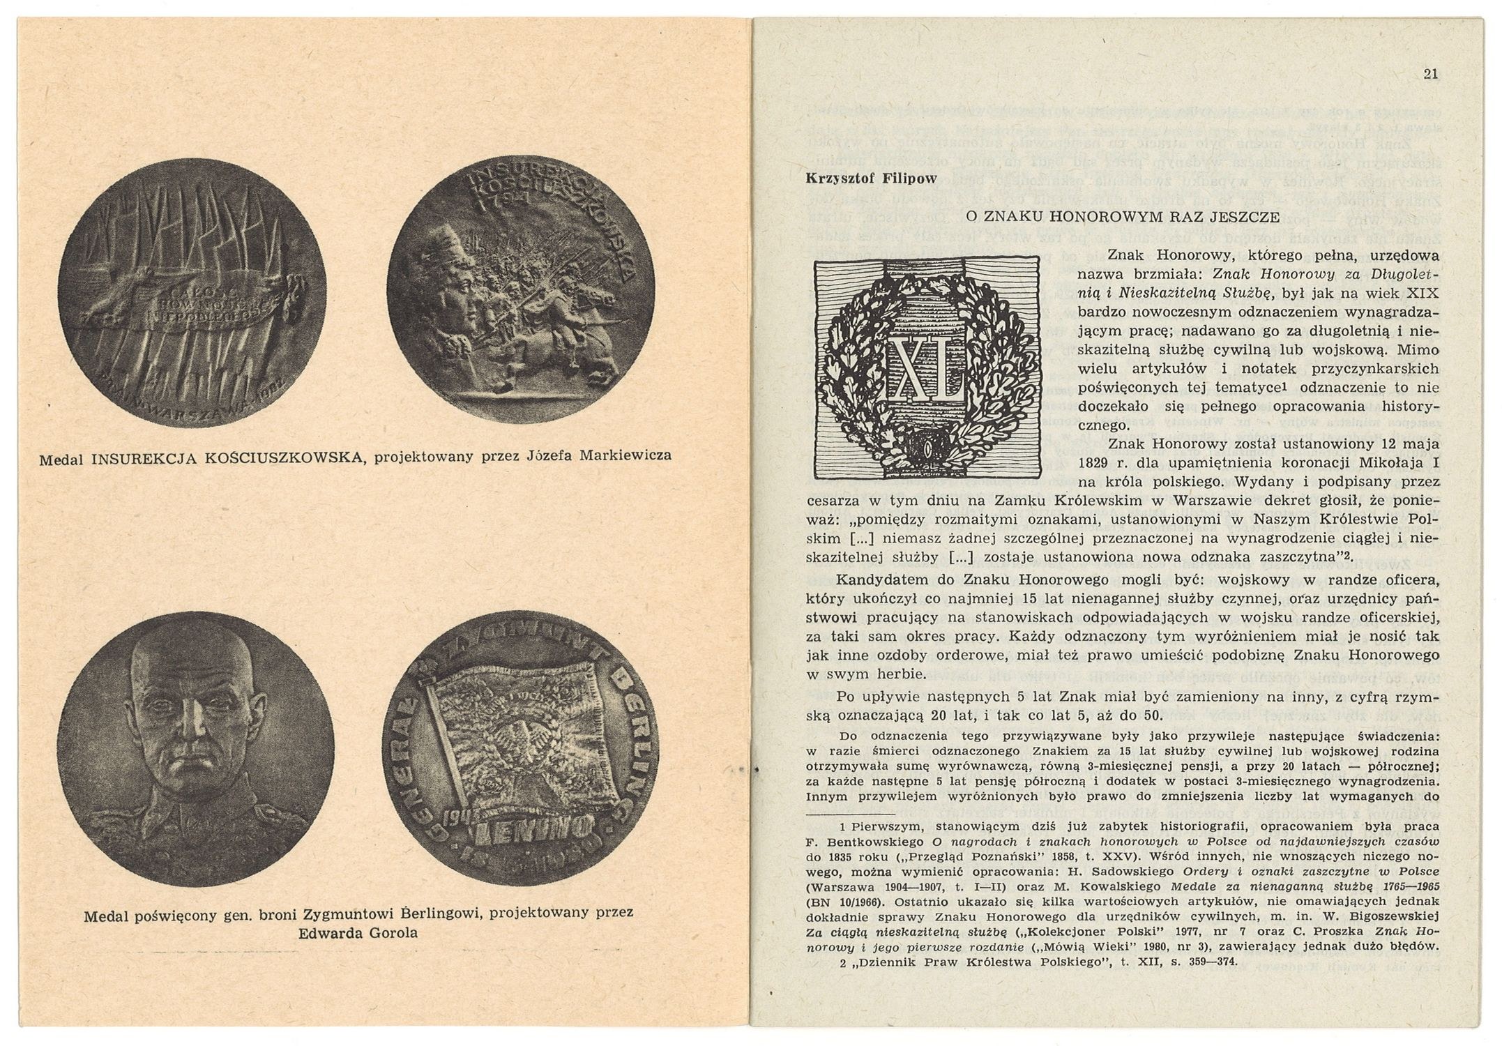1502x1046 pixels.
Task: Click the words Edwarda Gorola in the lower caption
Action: point(358,933)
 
